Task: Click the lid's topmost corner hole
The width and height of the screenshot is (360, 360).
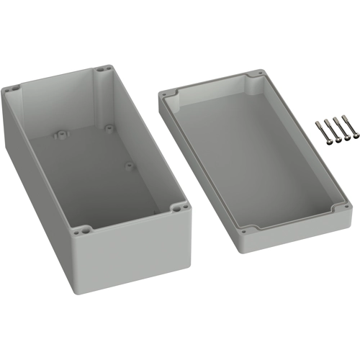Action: tap(253, 75)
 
